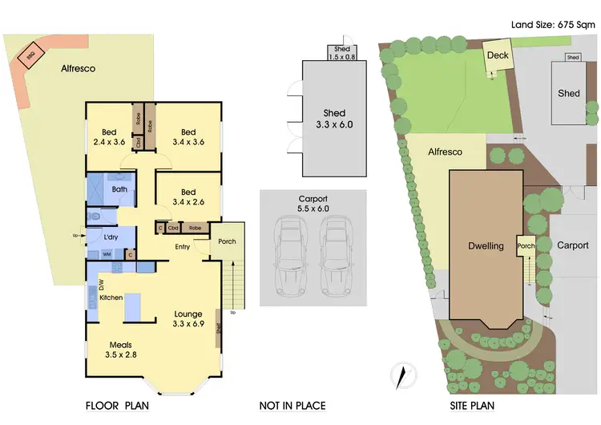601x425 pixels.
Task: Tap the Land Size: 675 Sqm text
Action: (x=554, y=24)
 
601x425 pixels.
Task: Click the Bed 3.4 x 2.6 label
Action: (x=188, y=198)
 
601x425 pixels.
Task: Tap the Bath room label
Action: (x=119, y=189)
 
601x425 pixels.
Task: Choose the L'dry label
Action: (x=111, y=237)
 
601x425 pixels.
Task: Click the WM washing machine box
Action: (x=107, y=254)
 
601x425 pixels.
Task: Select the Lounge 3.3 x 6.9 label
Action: (x=188, y=319)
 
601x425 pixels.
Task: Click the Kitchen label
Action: (x=111, y=297)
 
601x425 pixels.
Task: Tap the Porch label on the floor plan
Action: (x=227, y=241)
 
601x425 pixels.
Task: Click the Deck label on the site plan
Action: (x=498, y=55)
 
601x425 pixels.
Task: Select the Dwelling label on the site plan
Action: (x=486, y=246)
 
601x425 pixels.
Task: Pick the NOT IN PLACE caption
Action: (x=292, y=406)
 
